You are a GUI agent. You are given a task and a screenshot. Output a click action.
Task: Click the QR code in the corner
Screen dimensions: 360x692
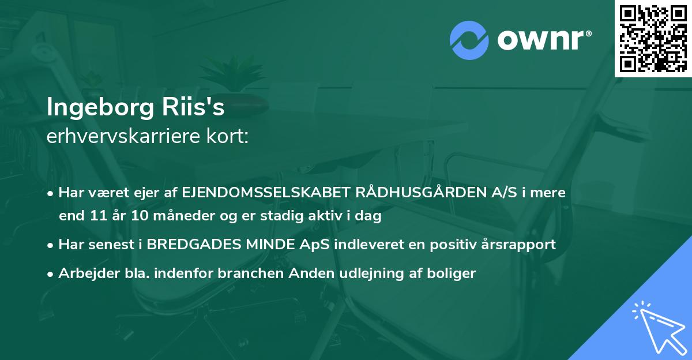click(653, 38)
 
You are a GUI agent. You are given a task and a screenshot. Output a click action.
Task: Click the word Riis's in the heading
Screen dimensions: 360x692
click(197, 108)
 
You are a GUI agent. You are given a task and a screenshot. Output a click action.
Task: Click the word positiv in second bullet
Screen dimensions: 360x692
click(450, 245)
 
